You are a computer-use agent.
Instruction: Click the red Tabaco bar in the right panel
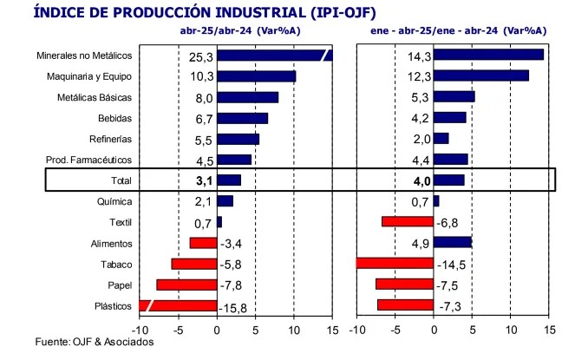pos(395,263)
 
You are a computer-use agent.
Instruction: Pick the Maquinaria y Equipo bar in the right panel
pos(480,75)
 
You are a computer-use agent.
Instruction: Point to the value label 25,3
pos(201,56)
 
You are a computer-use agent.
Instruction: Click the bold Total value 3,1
pos(201,180)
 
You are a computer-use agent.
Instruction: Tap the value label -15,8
pos(234,306)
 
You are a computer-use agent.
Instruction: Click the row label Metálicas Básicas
pos(94,97)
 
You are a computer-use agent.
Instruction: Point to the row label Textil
pos(120,222)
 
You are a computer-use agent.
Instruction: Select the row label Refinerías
pos(110,139)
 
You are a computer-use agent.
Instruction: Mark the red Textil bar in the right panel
pos(408,221)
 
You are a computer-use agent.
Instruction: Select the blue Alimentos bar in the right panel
pos(452,242)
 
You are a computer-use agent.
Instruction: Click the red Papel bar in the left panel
pos(186,284)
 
